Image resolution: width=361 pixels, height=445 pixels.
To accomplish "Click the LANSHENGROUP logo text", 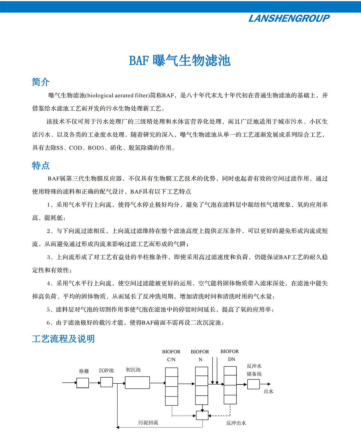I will (289, 19).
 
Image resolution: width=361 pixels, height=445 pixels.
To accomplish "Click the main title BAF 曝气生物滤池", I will (180, 60).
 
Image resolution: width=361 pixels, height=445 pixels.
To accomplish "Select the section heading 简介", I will (41, 82).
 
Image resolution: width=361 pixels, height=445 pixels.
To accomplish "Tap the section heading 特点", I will (41, 165).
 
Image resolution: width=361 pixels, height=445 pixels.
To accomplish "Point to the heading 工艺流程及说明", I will (63, 339).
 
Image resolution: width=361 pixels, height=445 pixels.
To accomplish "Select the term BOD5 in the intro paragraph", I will (96, 148).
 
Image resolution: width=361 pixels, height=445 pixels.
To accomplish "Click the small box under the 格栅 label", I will (83, 383).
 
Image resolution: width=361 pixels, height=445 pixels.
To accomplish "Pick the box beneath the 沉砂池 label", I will (106, 382).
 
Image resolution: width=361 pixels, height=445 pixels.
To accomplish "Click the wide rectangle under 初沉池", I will (137, 382).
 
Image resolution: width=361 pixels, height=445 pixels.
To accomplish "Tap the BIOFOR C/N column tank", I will (171, 386).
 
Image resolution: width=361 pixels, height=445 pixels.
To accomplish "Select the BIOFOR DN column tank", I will (230, 385).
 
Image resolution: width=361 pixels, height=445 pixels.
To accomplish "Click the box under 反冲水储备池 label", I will (253, 384).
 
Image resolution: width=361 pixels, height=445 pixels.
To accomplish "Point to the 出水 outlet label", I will (268, 391).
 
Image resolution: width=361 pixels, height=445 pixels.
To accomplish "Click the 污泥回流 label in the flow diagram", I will (148, 423).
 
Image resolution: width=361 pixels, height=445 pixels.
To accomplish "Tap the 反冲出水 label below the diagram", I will (236, 423).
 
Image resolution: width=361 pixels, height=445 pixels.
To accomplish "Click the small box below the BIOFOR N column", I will (202, 415).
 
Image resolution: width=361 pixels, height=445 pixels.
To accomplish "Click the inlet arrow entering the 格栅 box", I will (69, 383).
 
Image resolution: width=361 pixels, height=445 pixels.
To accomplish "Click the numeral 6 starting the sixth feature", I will (48, 323).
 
